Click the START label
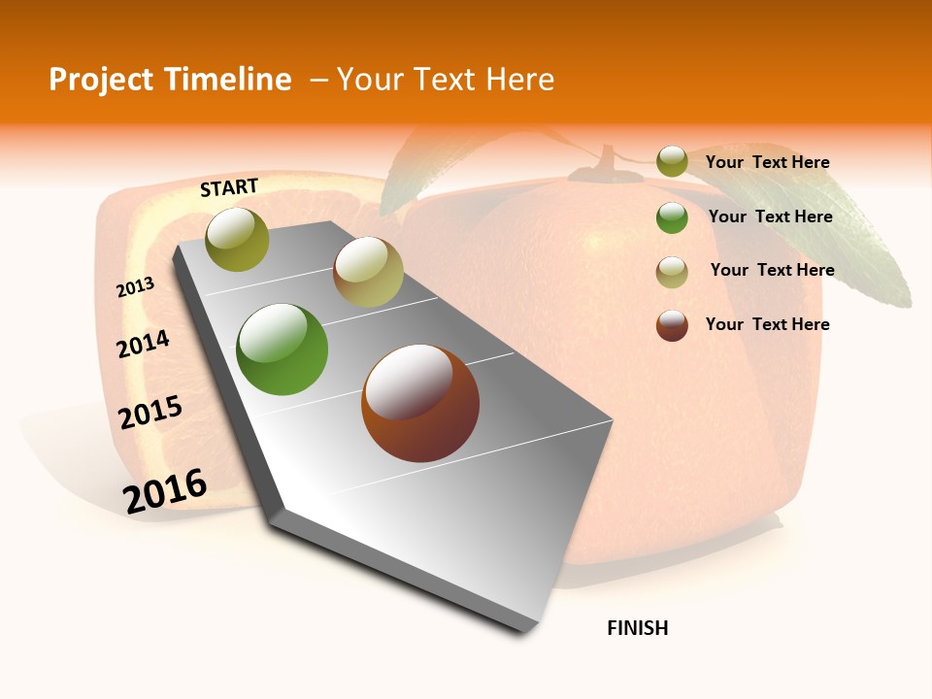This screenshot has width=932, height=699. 229,187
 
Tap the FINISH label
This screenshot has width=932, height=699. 638,628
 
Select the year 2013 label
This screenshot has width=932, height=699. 136,287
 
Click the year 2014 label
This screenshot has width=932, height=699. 144,344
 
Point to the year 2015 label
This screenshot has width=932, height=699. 150,413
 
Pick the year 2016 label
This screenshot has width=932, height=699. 165,490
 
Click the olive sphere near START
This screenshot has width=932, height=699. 238,239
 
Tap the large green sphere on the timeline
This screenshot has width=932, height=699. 283,349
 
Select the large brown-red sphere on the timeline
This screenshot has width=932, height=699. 420,403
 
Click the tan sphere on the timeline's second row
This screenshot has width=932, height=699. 368,272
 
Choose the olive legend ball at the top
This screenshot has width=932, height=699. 672,162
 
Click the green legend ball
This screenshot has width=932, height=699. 672,217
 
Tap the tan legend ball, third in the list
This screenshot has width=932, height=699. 672,272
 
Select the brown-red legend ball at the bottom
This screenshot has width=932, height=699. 672,325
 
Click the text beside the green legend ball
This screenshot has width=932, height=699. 771,216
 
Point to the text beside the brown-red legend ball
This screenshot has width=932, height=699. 768,324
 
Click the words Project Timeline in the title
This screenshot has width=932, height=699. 170,80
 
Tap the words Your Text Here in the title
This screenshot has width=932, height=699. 446,80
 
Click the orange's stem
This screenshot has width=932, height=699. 607,160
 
